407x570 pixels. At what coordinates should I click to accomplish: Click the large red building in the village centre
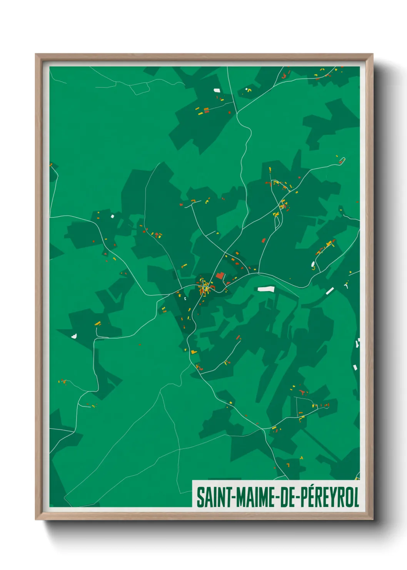(x=220, y=275)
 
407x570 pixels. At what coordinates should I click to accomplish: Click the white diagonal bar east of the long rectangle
(x=330, y=291)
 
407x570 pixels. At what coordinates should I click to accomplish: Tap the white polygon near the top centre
(x=217, y=90)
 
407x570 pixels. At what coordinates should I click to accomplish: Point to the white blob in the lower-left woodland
(x=74, y=336)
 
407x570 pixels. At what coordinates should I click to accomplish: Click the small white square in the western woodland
(x=113, y=216)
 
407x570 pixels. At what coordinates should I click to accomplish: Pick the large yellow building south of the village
(x=193, y=352)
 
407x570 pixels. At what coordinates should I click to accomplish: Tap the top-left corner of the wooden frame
(x=37, y=55)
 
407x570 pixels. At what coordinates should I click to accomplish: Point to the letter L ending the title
(x=356, y=497)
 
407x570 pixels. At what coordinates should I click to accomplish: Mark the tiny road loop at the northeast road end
(x=342, y=160)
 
